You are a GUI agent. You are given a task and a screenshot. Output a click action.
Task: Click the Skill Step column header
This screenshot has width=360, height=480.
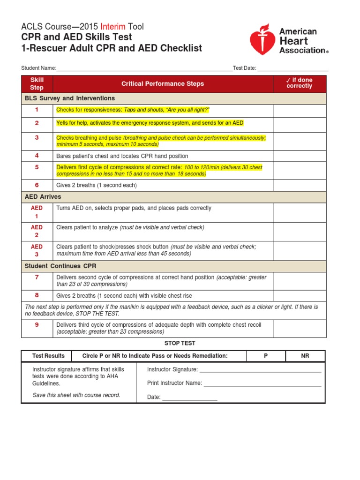tap(37, 84)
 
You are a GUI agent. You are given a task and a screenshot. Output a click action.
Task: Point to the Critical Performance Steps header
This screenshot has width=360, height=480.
tap(163, 84)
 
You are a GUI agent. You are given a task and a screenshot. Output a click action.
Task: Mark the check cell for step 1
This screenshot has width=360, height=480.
tap(300, 110)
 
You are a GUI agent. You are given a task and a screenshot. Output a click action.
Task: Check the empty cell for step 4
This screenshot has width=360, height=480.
tap(300, 156)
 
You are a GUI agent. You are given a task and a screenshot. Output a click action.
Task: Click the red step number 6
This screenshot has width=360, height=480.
tap(37, 185)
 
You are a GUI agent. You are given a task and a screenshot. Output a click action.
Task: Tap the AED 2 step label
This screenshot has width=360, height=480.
tap(37, 231)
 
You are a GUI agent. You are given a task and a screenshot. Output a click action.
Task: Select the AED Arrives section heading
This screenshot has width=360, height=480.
tap(43, 197)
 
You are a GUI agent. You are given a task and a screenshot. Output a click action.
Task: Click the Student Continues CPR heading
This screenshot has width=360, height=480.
tap(60, 266)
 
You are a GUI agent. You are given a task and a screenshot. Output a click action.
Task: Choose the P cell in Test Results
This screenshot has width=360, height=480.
tap(266, 356)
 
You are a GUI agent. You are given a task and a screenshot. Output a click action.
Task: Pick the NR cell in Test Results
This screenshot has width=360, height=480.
tap(305, 356)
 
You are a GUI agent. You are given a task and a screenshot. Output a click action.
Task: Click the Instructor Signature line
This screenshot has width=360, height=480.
tap(260, 370)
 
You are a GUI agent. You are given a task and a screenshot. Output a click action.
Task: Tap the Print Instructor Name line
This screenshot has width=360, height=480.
tap(262, 384)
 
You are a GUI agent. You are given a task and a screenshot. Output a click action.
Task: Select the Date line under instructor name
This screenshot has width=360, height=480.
tap(190, 398)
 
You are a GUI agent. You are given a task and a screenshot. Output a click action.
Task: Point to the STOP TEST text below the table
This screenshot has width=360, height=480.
tap(180, 344)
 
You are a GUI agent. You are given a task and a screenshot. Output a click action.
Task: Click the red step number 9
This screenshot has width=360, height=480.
tap(37, 325)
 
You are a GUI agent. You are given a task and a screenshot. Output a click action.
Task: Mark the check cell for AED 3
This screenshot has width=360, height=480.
tap(300, 251)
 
